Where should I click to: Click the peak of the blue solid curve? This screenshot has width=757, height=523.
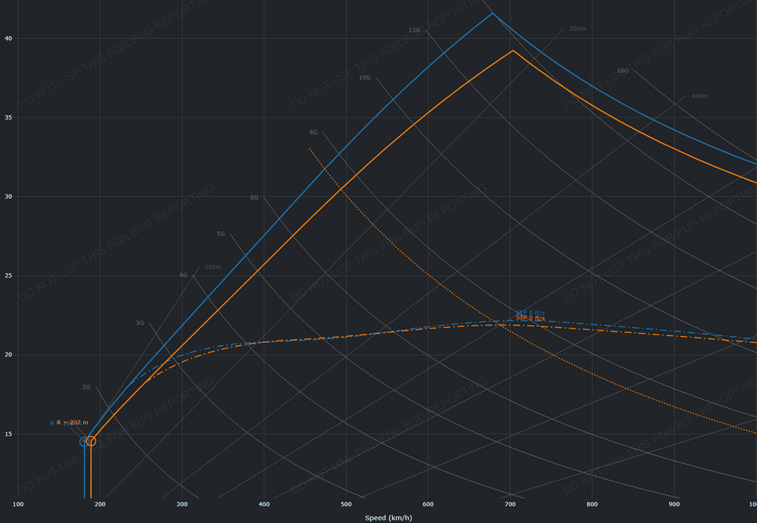click(x=493, y=13)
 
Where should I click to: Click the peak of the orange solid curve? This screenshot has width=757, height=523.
click(x=513, y=51)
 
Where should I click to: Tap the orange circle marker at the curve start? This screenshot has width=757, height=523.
click(x=91, y=441)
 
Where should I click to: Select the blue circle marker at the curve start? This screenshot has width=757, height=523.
click(x=84, y=441)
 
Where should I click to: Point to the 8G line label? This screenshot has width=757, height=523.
click(x=313, y=132)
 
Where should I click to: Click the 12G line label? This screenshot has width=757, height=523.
click(x=414, y=30)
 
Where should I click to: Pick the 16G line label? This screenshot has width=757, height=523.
click(x=622, y=70)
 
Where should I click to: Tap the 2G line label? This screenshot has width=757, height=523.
click(x=86, y=387)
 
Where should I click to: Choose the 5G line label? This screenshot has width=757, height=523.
click(x=221, y=234)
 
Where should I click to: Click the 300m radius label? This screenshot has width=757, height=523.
click(x=578, y=29)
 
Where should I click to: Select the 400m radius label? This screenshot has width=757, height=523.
click(x=699, y=96)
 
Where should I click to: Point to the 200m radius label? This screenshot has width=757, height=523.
click(x=213, y=267)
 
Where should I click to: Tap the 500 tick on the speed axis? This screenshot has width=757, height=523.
click(x=346, y=504)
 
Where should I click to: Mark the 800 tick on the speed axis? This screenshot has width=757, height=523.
click(x=592, y=504)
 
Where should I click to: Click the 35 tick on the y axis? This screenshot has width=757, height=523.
click(x=8, y=117)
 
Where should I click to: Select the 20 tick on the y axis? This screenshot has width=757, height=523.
click(x=8, y=355)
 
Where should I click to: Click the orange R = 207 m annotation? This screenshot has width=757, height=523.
click(x=73, y=422)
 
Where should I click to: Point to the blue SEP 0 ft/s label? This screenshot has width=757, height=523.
click(x=530, y=313)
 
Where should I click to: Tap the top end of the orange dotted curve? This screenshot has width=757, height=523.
click(x=310, y=148)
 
